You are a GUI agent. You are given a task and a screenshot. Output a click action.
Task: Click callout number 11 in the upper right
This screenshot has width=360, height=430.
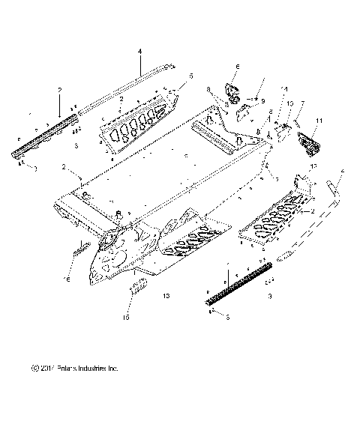pos(318,120)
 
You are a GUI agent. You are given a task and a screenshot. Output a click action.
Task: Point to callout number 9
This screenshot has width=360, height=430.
pos(262,100)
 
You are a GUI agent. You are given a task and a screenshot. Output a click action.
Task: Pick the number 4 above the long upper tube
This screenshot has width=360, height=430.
pos(139,52)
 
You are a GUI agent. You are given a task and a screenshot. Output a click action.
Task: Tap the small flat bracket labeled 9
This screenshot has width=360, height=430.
pos(244,113)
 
